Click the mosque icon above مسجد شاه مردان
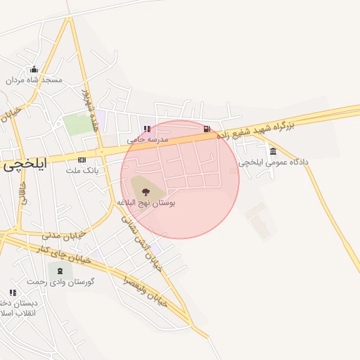click(x=34, y=69)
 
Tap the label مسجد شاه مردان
click(x=34, y=80)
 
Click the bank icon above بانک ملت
click(x=82, y=160)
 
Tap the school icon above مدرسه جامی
click(x=147, y=129)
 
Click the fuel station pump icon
click(x=207, y=129)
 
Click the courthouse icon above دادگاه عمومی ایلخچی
click(x=273, y=151)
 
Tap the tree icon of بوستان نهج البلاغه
click(x=146, y=191)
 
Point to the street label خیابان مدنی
click(x=63, y=234)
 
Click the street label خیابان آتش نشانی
click(x=141, y=239)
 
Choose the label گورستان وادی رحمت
click(x=60, y=281)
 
